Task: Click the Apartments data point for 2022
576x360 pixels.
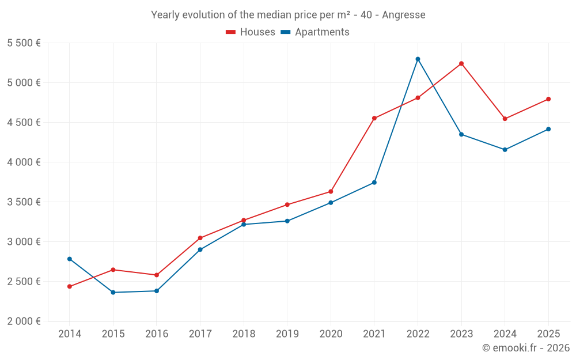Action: point(418,59)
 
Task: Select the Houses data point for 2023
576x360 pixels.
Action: point(461,63)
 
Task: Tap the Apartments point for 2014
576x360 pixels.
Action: point(70,259)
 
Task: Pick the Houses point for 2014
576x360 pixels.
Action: point(70,286)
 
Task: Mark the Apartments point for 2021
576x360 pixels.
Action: point(374,183)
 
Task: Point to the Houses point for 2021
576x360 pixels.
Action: point(374,118)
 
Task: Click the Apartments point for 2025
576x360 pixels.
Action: point(548,129)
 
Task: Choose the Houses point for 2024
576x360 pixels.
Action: point(505,119)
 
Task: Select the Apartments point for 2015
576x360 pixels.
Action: point(113,293)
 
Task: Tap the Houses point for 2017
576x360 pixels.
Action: point(200,238)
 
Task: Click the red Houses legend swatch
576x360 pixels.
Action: point(231,32)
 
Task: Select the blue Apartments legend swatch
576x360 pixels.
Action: point(286,32)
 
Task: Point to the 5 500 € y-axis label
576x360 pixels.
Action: point(24,43)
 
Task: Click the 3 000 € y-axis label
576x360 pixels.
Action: point(24,242)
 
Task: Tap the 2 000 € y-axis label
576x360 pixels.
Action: point(24,321)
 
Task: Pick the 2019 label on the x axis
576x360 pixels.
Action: point(287,334)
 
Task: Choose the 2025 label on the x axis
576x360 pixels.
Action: point(548,334)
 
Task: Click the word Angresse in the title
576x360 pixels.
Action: point(404,15)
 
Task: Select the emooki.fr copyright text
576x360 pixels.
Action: point(526,348)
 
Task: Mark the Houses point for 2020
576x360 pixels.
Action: point(331,191)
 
